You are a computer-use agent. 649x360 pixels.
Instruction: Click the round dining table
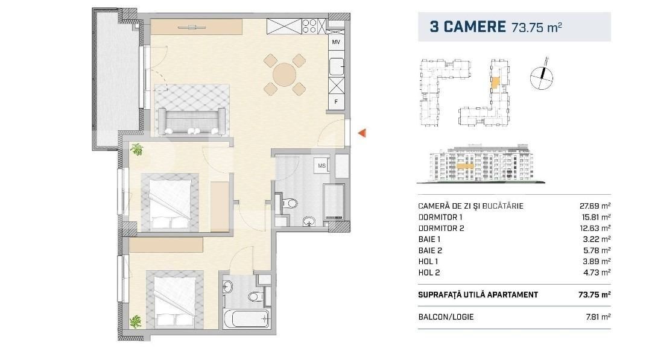[285, 75]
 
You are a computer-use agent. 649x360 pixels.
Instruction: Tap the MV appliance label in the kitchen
[336, 42]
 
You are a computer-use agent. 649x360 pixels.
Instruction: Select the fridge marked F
[336, 102]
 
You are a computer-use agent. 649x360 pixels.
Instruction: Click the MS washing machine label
[321, 165]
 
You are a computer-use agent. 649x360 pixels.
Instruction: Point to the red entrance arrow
[362, 133]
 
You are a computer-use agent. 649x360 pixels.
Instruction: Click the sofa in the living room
[192, 121]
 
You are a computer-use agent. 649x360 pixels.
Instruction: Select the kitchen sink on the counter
[337, 66]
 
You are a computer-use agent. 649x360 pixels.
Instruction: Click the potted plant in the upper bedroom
[136, 150]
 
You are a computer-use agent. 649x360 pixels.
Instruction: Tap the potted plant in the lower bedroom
[135, 321]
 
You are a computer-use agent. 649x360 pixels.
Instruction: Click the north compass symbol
[542, 77]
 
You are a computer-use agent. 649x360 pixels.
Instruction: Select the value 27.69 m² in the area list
[595, 206]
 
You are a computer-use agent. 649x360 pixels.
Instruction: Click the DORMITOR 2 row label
[441, 228]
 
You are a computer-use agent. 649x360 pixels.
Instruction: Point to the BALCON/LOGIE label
[446, 317]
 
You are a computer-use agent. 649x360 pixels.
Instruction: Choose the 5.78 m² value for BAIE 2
[597, 250]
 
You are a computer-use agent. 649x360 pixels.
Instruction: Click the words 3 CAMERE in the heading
[467, 27]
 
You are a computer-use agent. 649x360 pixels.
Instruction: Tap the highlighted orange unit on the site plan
[495, 83]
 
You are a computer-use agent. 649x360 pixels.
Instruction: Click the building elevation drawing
[481, 164]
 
